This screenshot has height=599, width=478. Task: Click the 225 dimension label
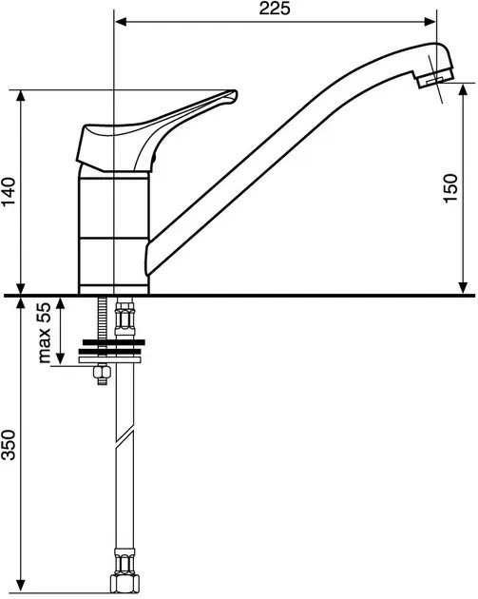(x=275, y=8)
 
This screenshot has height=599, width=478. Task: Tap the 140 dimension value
(x=9, y=191)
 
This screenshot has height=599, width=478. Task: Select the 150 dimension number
(x=450, y=188)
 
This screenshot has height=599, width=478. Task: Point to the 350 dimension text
(x=9, y=445)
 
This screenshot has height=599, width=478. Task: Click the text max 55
(x=45, y=333)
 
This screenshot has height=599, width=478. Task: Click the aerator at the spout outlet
(x=434, y=79)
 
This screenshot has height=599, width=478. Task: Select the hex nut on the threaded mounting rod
(x=102, y=371)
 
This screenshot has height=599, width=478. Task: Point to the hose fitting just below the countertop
(x=124, y=317)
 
